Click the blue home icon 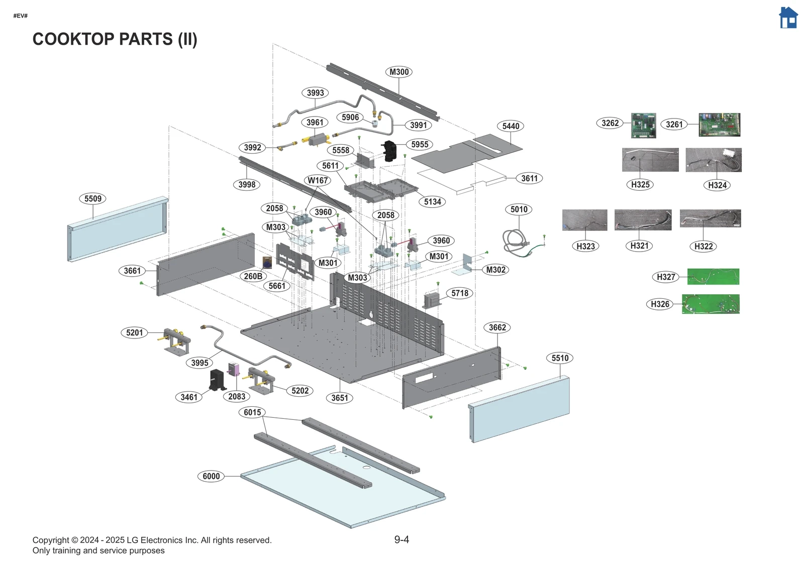click(x=788, y=18)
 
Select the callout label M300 click(x=399, y=72)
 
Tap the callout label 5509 click(x=93, y=198)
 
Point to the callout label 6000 click(x=211, y=476)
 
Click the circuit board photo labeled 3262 click(x=643, y=126)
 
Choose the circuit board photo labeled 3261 click(x=719, y=125)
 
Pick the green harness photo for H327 click(x=713, y=276)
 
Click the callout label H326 click(x=660, y=304)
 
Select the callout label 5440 click(x=511, y=126)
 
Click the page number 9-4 click(x=401, y=539)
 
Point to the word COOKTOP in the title click(x=74, y=39)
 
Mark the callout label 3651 click(x=340, y=398)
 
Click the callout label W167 click(x=318, y=180)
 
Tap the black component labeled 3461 click(x=218, y=380)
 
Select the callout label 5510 click(x=560, y=358)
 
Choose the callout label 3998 click(x=247, y=184)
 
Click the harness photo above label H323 click(x=584, y=220)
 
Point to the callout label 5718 click(x=459, y=293)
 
